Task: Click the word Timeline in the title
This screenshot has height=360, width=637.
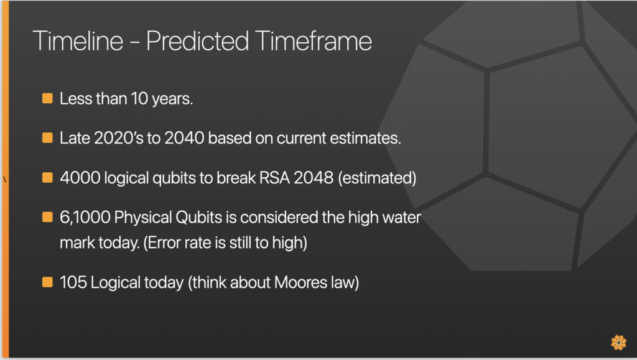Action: tap(78, 40)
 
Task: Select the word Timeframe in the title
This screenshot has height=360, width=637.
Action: tap(314, 40)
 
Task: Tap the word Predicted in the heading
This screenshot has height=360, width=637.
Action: tap(197, 40)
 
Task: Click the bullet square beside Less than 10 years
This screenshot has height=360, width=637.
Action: tap(47, 98)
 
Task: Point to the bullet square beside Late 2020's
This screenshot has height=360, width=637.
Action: tap(47, 137)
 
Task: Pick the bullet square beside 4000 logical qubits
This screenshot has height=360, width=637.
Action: tap(47, 177)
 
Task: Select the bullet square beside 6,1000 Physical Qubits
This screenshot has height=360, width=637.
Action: tap(47, 217)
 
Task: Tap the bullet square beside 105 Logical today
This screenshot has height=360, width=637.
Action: tap(47, 282)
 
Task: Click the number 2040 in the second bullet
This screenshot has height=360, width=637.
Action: tap(184, 138)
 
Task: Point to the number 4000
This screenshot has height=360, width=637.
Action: tap(80, 178)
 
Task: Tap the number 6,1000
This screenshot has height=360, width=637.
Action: tap(85, 218)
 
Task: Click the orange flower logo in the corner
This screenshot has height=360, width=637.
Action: tap(619, 342)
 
